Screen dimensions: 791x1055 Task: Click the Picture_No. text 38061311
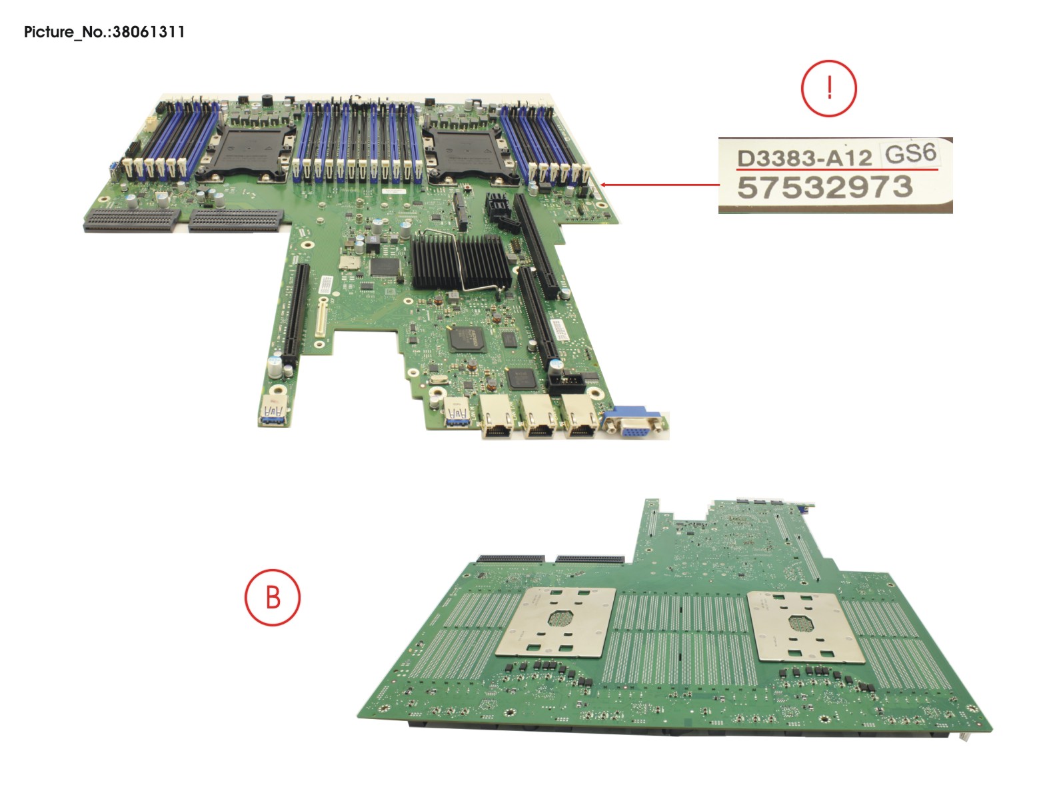click(x=104, y=32)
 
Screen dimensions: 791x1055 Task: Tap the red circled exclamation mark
click(x=828, y=88)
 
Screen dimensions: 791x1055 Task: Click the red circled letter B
click(x=273, y=597)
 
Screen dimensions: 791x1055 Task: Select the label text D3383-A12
click(x=804, y=159)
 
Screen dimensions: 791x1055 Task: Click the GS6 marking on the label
click(x=910, y=154)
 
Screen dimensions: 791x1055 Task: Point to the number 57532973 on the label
click(x=824, y=187)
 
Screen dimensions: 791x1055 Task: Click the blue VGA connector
click(x=632, y=424)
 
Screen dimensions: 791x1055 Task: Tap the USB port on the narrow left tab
click(x=274, y=410)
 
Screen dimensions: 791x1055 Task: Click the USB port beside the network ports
click(x=457, y=411)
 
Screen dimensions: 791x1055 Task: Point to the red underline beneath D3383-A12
click(x=836, y=171)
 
